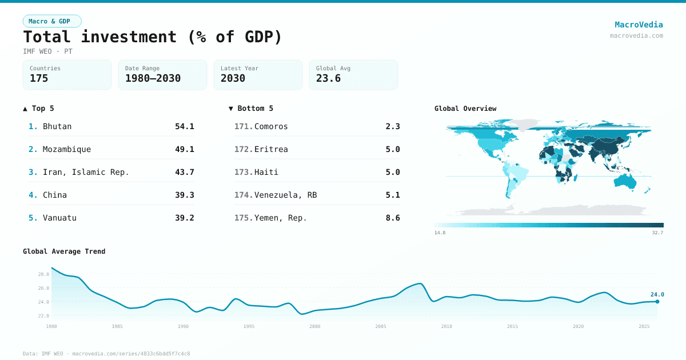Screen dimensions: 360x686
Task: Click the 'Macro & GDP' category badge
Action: point(52,21)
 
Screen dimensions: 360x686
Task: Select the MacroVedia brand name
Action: point(639,25)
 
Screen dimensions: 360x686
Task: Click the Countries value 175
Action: point(39,78)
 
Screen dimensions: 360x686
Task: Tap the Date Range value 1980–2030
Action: point(153,78)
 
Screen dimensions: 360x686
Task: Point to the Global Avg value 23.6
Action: point(328,78)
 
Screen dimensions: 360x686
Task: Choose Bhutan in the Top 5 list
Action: point(57,126)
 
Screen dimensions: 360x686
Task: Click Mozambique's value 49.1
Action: point(184,149)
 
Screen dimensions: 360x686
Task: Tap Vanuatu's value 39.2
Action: point(184,218)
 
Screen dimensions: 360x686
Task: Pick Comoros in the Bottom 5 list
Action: point(271,126)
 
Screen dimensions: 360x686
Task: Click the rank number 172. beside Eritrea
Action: point(243,149)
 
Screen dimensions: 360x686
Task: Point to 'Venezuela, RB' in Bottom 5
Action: point(285,195)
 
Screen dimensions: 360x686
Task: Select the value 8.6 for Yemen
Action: point(393,218)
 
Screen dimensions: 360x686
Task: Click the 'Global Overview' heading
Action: point(465,109)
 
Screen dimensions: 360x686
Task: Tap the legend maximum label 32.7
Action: point(657,233)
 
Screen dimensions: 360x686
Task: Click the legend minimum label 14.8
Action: point(440,233)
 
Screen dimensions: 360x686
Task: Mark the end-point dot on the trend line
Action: point(657,302)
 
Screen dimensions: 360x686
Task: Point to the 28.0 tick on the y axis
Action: point(43,274)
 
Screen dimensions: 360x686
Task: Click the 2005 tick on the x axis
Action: point(381,326)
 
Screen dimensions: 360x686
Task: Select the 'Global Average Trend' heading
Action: point(64,251)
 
